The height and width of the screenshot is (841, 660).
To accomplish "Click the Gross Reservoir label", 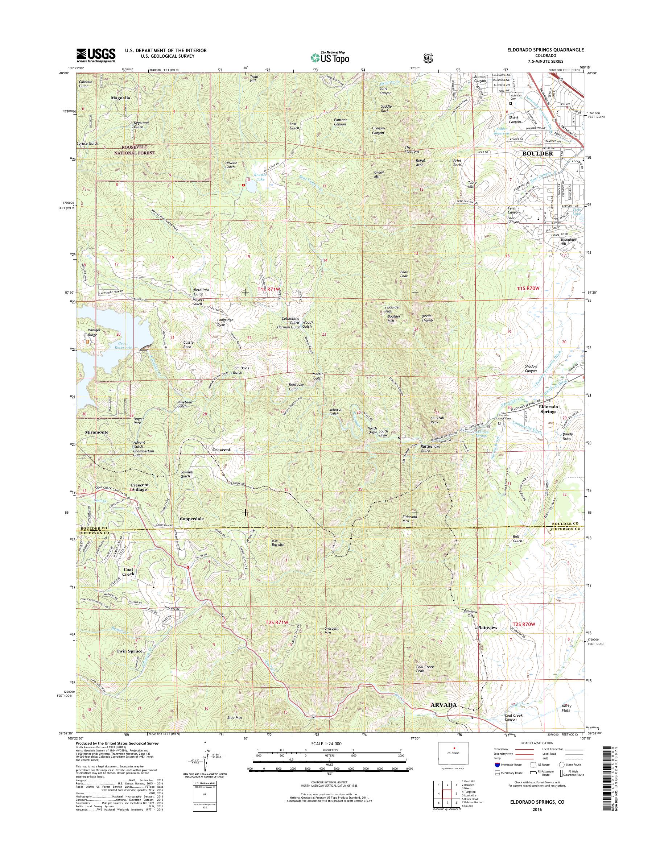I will point(123,345).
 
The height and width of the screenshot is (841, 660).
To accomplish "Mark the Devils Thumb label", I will point(426,318).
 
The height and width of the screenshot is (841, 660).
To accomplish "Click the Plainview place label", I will point(487,628).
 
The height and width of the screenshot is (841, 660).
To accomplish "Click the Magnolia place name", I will point(120,98).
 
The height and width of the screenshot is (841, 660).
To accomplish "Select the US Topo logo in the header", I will point(330,58).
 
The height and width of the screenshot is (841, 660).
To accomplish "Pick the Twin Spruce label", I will point(129,651).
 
